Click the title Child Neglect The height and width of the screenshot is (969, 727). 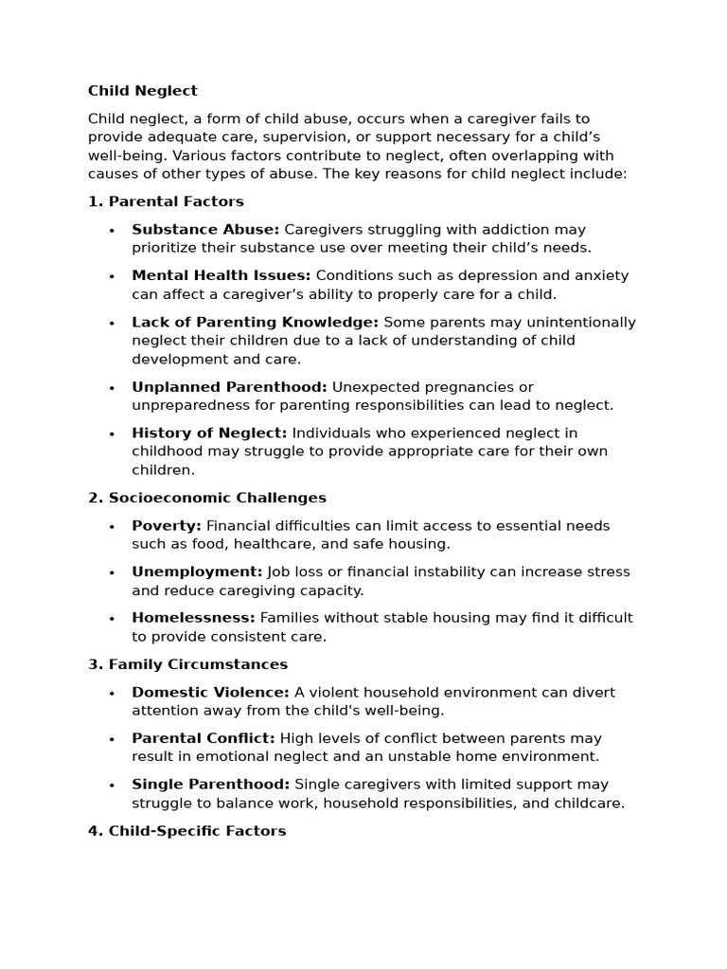click(x=143, y=91)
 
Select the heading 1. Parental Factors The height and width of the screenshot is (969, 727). click(x=166, y=202)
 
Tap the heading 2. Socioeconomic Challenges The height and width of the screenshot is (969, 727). click(x=207, y=498)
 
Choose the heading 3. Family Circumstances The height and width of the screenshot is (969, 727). click(x=187, y=664)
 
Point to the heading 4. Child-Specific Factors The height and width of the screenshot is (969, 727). click(x=186, y=831)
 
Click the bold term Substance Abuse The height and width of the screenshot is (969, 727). click(x=205, y=229)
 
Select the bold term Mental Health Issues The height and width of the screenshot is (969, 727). click(x=221, y=275)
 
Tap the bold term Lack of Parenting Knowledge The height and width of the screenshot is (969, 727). click(x=255, y=322)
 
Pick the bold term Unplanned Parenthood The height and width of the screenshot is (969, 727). click(x=229, y=387)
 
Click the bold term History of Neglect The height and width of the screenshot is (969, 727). click(x=209, y=432)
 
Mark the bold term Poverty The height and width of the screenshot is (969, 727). click(x=167, y=525)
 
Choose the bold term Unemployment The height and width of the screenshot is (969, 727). click(x=197, y=572)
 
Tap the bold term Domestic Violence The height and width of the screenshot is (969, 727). click(x=210, y=692)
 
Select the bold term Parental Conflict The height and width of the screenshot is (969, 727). click(x=204, y=738)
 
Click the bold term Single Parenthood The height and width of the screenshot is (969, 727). click(x=211, y=784)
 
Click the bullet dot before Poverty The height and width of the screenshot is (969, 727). click(x=112, y=526)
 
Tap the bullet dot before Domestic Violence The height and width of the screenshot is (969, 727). click(x=112, y=693)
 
